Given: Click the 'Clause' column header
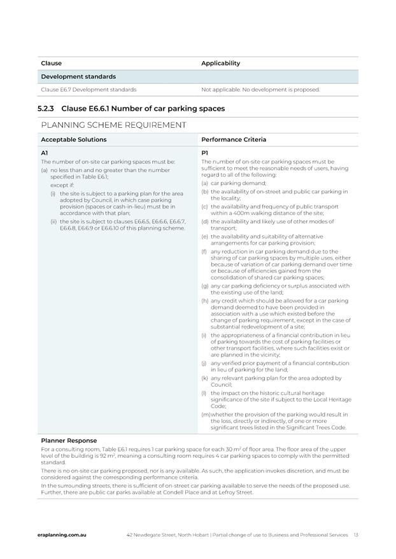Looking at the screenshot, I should pos(51,64).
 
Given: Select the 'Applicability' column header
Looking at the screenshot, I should pos(220,64).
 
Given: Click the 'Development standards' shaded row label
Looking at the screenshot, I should pos(78,77).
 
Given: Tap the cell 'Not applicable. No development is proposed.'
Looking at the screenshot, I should pos(260,90).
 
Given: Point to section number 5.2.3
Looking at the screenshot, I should pos(46,109).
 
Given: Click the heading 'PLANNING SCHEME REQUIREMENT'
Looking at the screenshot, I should pos(114,125).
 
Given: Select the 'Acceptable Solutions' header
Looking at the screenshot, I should pos(74,139).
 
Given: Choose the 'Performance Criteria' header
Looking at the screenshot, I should pos(234,139).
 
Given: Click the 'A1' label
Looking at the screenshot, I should pos(45,153).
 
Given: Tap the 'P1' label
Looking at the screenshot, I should pos(205,153).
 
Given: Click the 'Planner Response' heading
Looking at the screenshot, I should pos(69,440).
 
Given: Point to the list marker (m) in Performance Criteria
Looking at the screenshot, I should pos(206,414).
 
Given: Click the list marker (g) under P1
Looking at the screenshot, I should pos(205,286).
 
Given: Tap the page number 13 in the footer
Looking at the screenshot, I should pos(356,535).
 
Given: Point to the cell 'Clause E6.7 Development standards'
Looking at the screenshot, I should pos(88,90).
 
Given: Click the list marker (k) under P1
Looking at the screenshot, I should pos(205,378).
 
